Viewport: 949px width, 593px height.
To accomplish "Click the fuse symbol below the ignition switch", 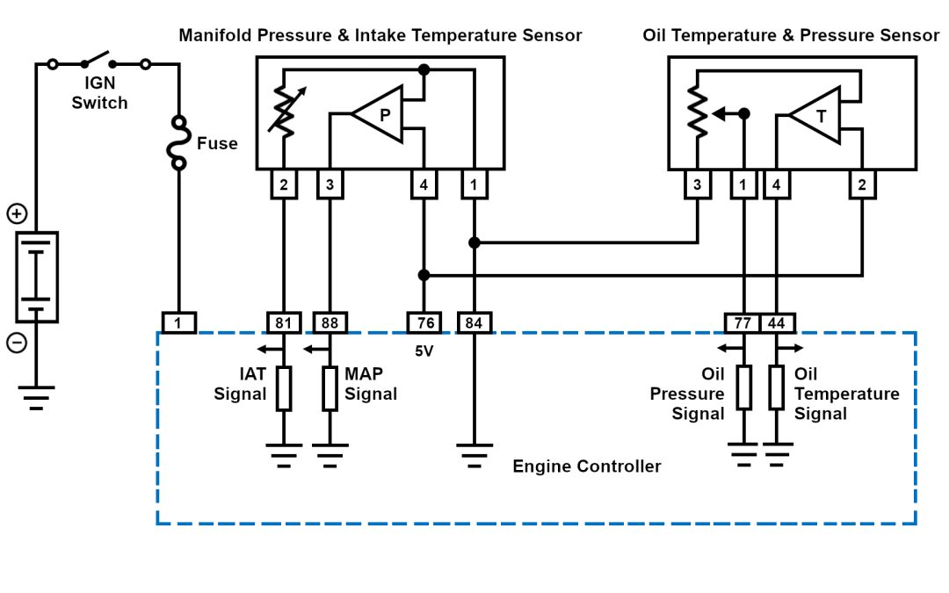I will click(x=178, y=143).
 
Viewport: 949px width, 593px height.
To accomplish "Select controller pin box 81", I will click(x=283, y=323).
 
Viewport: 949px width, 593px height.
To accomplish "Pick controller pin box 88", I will click(x=330, y=323).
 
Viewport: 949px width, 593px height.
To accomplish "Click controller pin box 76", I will click(x=424, y=323).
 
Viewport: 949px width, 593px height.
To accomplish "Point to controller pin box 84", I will click(x=474, y=323).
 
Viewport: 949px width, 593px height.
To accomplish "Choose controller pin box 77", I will click(x=743, y=323).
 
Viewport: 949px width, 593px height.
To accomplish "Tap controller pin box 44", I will click(x=777, y=323).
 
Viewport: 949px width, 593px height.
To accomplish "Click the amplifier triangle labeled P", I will click(x=380, y=113).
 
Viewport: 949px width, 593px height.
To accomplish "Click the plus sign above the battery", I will click(x=16, y=213).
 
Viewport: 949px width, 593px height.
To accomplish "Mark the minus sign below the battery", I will click(x=16, y=343).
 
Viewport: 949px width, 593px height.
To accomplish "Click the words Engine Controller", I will click(x=586, y=466).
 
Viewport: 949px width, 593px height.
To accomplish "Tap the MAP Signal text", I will click(x=370, y=385).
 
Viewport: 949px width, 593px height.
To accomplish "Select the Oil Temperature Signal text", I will click(x=845, y=394).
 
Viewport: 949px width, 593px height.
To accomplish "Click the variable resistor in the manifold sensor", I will click(x=283, y=112).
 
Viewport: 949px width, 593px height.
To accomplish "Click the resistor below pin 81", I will click(x=283, y=389).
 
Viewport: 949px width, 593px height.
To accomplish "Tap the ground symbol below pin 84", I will click(x=474, y=453).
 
